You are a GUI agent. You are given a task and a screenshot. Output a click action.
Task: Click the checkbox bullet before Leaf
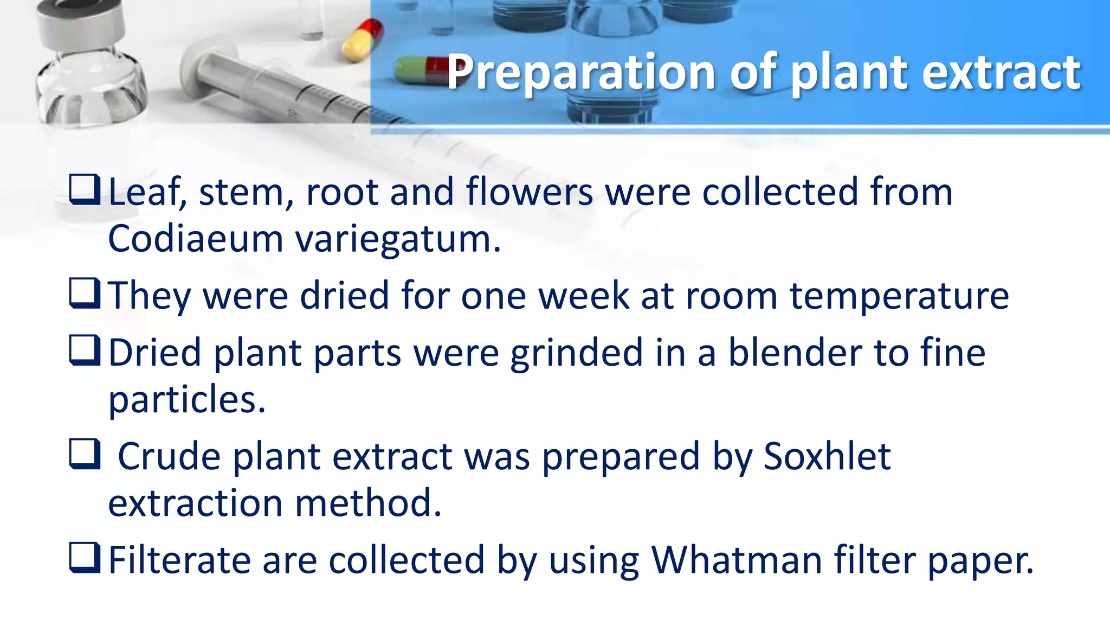tap(85, 189)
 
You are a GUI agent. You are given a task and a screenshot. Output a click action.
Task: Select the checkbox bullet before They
tap(85, 294)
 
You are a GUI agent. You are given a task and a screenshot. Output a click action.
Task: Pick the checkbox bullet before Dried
tap(85, 350)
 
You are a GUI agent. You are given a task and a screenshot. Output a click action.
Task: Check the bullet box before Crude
tap(85, 454)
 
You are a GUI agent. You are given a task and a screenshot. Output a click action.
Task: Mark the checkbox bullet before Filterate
tap(85, 558)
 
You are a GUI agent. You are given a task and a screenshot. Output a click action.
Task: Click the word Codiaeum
tap(195, 239)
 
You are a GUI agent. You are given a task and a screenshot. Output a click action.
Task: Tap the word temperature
tap(899, 297)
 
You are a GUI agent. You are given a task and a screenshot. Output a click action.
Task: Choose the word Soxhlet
tap(827, 456)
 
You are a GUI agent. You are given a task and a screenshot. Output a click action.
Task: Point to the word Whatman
tap(737, 560)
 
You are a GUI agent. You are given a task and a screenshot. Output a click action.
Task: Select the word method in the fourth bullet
tap(368, 503)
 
